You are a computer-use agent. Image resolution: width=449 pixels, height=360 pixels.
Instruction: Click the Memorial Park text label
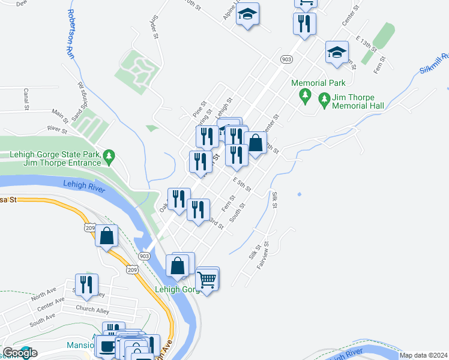[318, 83]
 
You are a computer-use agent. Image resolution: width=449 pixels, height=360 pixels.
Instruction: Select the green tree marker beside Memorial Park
[305, 95]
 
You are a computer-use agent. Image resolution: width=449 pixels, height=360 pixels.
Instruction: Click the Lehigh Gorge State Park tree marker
[109, 158]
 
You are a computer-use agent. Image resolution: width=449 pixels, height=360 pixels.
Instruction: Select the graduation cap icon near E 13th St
[337, 52]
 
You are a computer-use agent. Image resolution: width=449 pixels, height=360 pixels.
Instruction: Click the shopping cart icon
[207, 279]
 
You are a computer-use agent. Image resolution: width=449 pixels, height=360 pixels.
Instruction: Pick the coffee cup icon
[107, 346]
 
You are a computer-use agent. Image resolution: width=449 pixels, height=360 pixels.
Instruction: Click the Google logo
[20, 352]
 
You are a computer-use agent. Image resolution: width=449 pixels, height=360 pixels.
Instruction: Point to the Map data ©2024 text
[423, 355]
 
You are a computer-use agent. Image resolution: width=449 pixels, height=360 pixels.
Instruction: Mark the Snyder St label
[155, 27]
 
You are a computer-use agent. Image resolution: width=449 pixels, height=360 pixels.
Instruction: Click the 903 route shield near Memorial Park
[286, 59]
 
